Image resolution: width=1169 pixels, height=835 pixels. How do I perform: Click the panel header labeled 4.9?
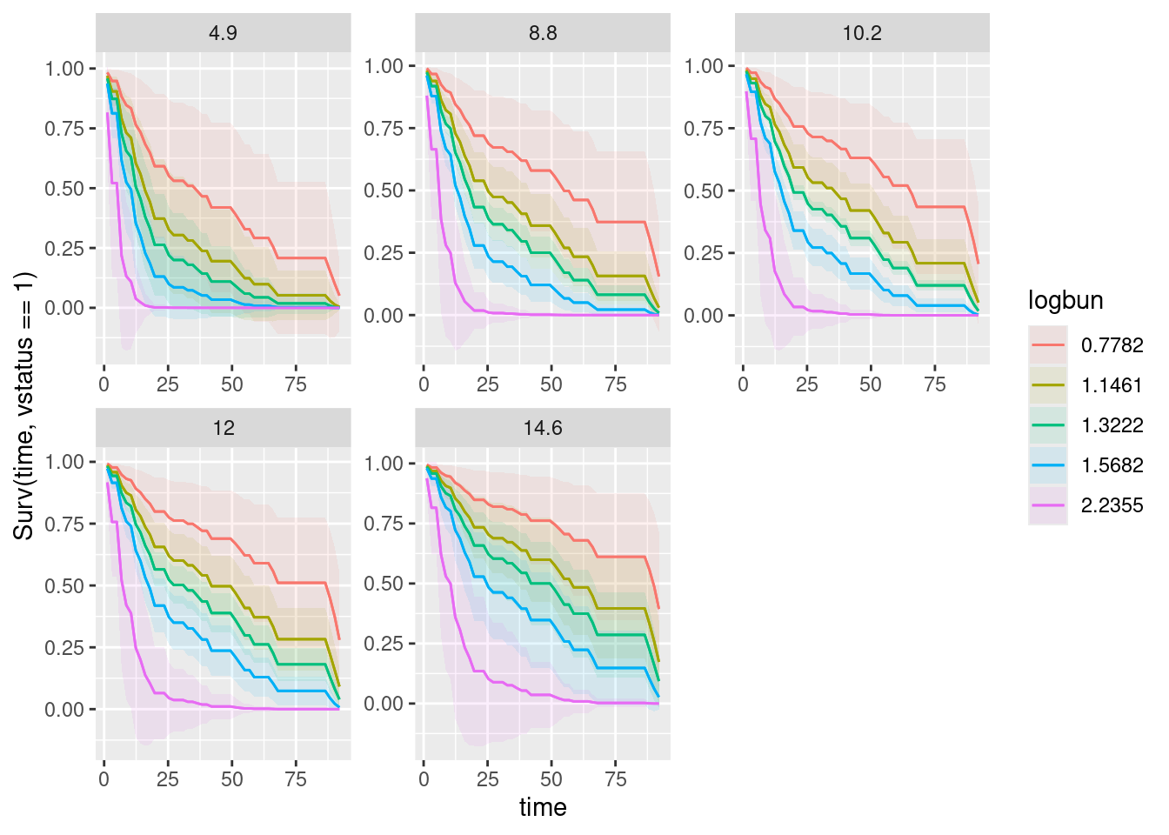(223, 33)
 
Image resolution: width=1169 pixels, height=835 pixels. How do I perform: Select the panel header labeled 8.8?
(543, 33)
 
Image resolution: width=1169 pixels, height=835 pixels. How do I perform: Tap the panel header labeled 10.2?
(862, 33)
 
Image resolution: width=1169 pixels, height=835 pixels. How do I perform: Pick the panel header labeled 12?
(223, 428)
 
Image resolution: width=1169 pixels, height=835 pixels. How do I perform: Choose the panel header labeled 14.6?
(543, 428)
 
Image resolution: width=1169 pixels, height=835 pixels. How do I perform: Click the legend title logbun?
(1065, 301)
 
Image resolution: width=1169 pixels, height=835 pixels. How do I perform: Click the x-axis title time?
(543, 807)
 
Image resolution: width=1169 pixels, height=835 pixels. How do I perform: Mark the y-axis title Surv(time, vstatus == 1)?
(24, 405)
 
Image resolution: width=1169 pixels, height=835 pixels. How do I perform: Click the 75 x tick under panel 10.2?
(935, 385)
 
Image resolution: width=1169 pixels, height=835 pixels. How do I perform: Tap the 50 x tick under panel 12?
(232, 779)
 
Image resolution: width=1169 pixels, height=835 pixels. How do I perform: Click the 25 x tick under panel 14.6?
(488, 779)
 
